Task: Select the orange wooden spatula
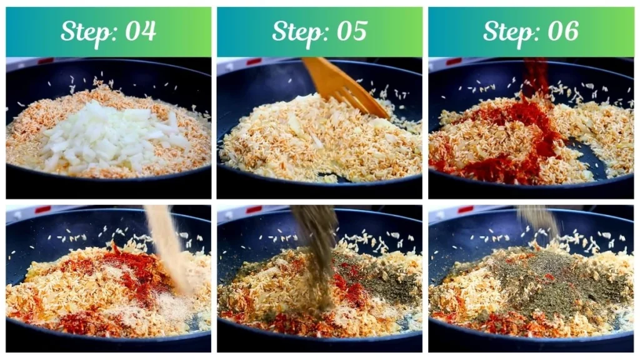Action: tap(344, 87)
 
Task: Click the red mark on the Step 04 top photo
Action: tap(45, 61)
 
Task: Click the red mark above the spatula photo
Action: tap(253, 61)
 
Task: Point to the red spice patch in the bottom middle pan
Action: tap(347, 281)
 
